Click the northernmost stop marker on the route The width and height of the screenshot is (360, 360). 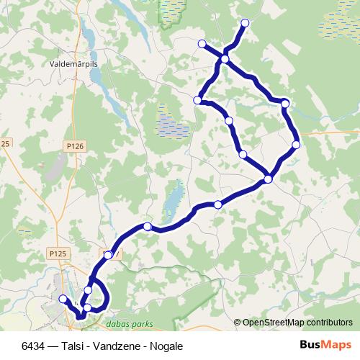(x=245, y=23)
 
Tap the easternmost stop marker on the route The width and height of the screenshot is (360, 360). (x=296, y=145)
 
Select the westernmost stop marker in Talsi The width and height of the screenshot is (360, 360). (x=63, y=299)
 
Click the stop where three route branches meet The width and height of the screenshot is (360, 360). (x=225, y=59)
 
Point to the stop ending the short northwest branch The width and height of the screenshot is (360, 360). (x=202, y=43)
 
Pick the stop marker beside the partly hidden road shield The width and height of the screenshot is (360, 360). (x=108, y=255)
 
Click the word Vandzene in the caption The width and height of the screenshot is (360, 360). (x=108, y=346)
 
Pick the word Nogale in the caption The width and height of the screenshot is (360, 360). (x=167, y=346)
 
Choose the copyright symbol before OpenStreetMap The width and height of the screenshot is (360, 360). (x=238, y=323)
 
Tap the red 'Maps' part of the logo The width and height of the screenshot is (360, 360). (x=330, y=345)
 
